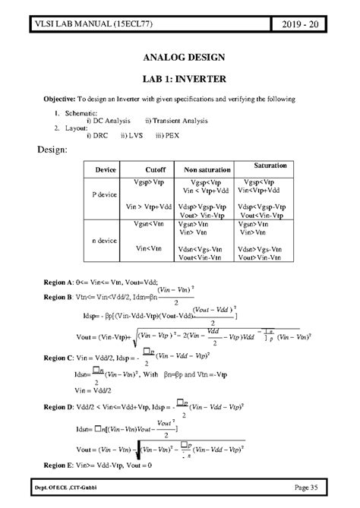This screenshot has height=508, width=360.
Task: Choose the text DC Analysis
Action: pos(111,121)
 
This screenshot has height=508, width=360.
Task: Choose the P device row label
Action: pos(103,194)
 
